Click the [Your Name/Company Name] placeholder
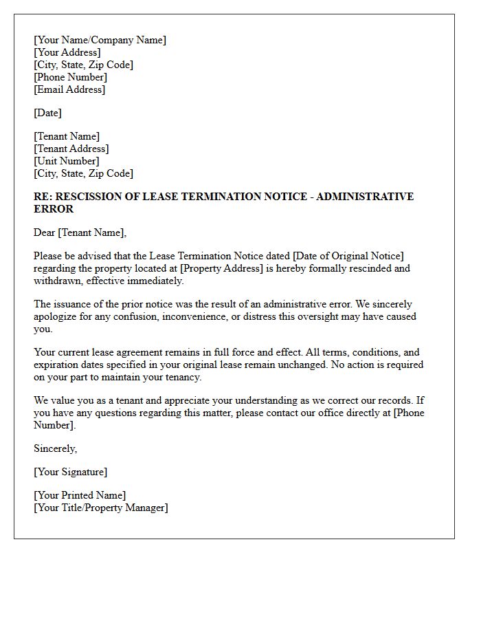tap(100, 40)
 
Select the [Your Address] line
tap(67, 52)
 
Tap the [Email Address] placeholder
tap(69, 89)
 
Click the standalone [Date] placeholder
tap(47, 113)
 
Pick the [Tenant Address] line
tap(71, 149)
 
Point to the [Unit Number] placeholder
tap(66, 161)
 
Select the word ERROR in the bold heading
tap(54, 209)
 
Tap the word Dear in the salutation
tap(44, 232)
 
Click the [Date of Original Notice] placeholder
tap(348, 256)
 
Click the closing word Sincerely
tap(55, 448)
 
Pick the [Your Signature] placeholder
tap(70, 472)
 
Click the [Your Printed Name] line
tap(80, 495)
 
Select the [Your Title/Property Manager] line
tap(100, 508)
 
